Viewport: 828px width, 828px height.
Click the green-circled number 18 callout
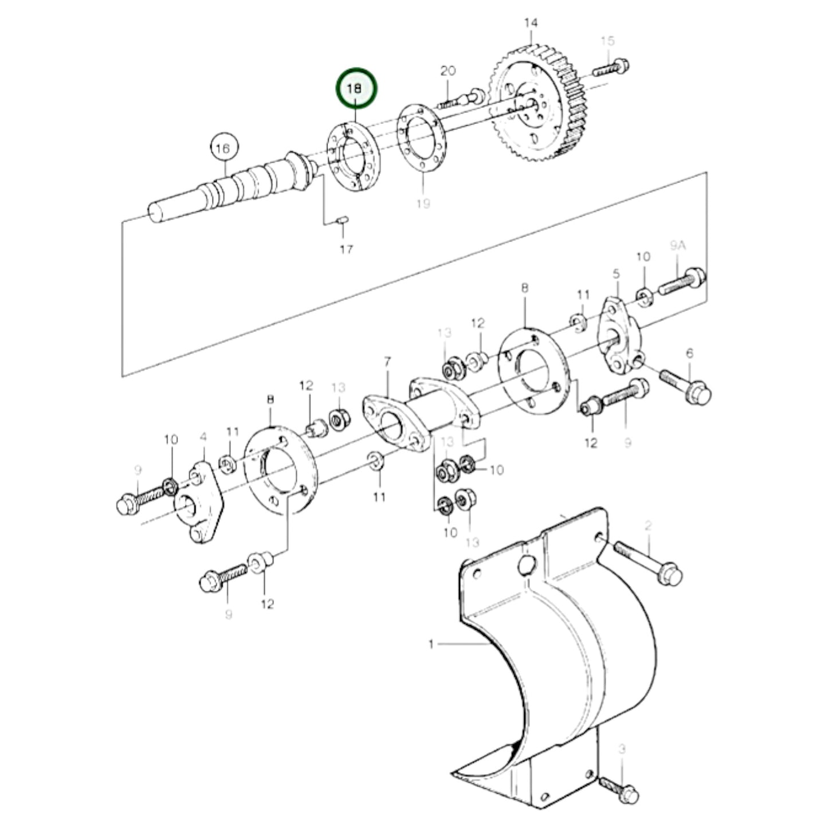pyautogui.click(x=357, y=89)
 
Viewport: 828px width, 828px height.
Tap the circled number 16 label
pyautogui.click(x=223, y=148)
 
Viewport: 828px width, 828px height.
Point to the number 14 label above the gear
pyautogui.click(x=531, y=23)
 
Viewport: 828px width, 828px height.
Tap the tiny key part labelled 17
pyautogui.click(x=342, y=219)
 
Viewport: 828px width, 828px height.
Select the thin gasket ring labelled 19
pyautogui.click(x=422, y=138)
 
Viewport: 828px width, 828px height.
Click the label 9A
pyautogui.click(x=678, y=246)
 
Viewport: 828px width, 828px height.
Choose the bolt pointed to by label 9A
pyautogui.click(x=682, y=282)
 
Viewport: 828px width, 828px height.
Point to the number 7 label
pyautogui.click(x=387, y=362)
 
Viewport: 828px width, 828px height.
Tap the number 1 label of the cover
pyautogui.click(x=431, y=645)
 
